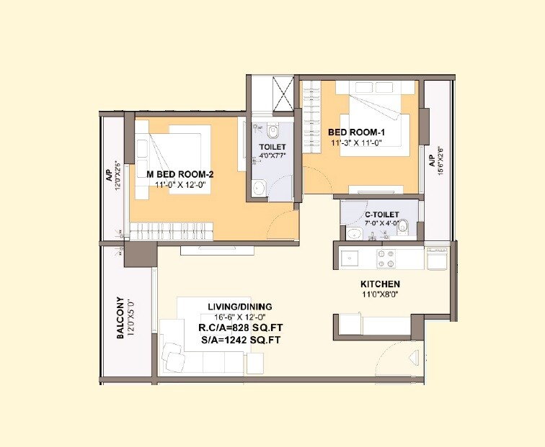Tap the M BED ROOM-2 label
point(180,174)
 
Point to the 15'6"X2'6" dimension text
point(440,161)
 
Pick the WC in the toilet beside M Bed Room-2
point(272,132)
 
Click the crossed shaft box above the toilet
point(283,94)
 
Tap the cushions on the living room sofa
point(174,353)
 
